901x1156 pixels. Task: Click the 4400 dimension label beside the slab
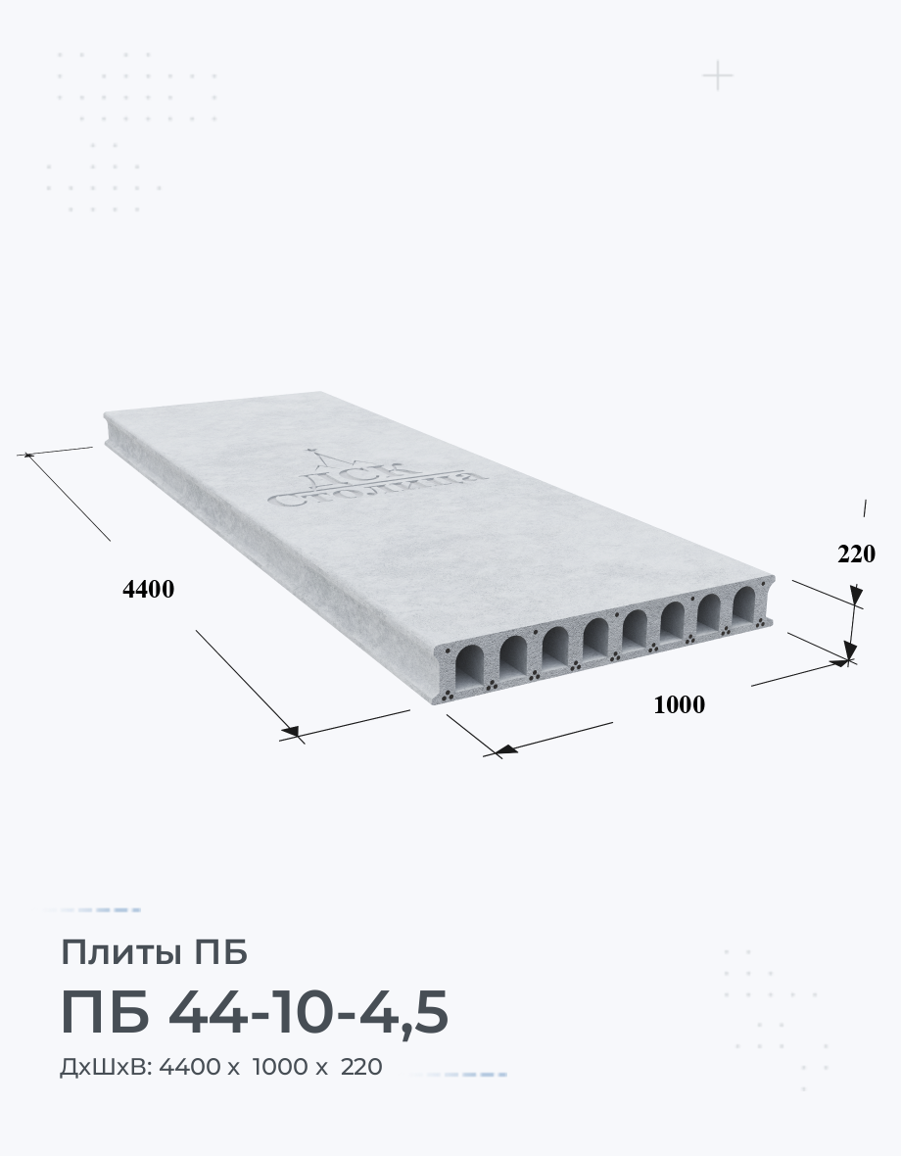tap(148, 589)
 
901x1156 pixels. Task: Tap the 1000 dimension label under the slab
tap(680, 704)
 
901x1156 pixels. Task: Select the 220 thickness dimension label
tap(856, 554)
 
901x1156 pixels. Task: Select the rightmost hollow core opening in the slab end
tap(744, 606)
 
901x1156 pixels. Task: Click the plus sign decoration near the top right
tap(718, 76)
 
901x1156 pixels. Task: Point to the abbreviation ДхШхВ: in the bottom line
tap(106, 1067)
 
